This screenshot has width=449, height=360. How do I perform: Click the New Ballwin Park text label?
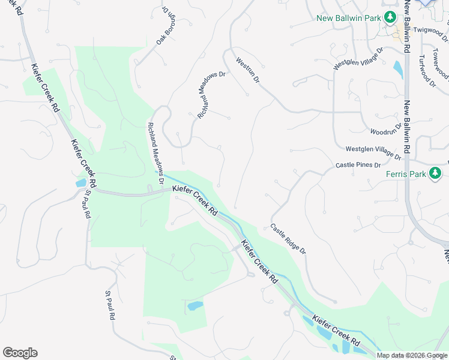(349, 18)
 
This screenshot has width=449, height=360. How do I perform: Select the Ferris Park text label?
(406, 175)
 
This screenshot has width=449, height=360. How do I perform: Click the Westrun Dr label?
(247, 70)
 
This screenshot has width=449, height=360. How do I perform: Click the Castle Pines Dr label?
(358, 164)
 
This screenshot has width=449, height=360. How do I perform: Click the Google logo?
(20, 353)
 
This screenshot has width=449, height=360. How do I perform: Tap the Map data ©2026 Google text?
(412, 355)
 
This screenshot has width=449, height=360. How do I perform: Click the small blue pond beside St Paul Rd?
(81, 183)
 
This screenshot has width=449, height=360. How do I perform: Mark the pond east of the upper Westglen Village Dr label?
(397, 70)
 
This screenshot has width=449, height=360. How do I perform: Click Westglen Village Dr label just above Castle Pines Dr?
(373, 152)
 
